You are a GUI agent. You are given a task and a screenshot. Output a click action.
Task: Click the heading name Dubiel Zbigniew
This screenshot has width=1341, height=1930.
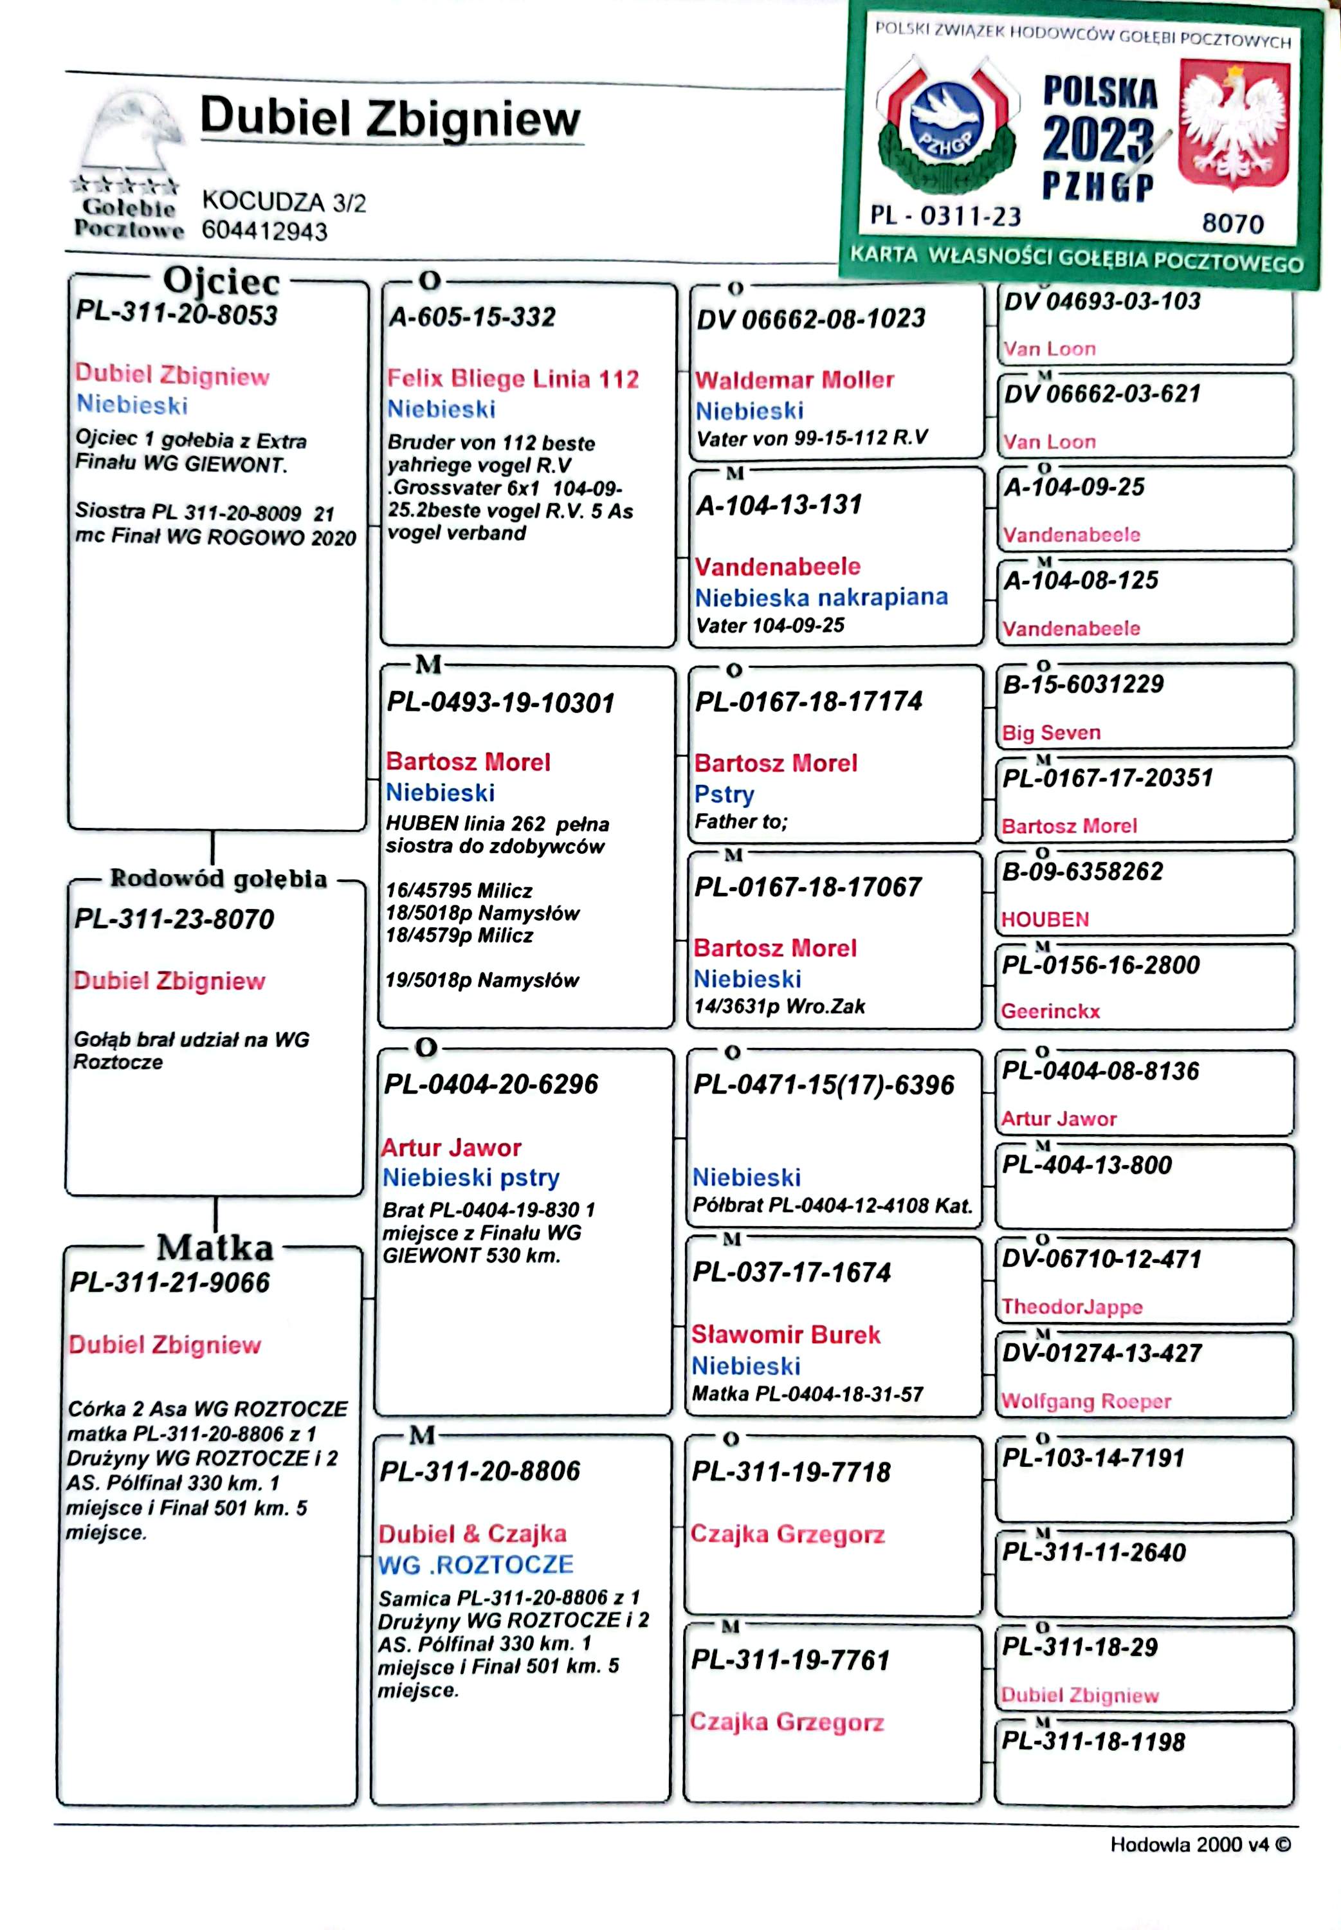[390, 118]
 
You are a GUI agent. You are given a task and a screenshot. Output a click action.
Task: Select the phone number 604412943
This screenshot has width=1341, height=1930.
[265, 231]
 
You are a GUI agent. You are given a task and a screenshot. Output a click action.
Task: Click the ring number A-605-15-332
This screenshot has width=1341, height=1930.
[472, 318]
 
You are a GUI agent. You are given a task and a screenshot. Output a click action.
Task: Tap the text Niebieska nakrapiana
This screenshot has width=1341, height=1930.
[821, 598]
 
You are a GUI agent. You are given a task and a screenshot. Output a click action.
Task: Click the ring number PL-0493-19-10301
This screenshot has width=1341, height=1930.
[501, 703]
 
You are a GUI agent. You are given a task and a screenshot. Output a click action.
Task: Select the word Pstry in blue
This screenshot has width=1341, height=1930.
[724, 794]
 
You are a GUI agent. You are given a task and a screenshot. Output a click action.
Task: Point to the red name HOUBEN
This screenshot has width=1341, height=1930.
[1045, 919]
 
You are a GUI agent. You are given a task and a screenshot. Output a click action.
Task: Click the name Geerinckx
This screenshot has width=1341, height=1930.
[1050, 1011]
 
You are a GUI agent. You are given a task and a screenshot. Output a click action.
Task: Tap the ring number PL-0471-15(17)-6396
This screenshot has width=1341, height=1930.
[823, 1085]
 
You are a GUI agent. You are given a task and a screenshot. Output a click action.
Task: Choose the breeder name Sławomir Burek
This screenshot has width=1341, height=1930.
[785, 1334]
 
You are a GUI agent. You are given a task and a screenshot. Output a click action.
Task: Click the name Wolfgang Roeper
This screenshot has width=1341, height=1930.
[1086, 1401]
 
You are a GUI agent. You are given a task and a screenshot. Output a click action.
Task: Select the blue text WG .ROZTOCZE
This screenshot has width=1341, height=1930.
[475, 1565]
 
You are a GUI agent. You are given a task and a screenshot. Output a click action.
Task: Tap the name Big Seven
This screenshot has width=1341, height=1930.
[1050, 733]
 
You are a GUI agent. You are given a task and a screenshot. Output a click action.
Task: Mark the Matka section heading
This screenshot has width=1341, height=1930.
[215, 1247]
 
